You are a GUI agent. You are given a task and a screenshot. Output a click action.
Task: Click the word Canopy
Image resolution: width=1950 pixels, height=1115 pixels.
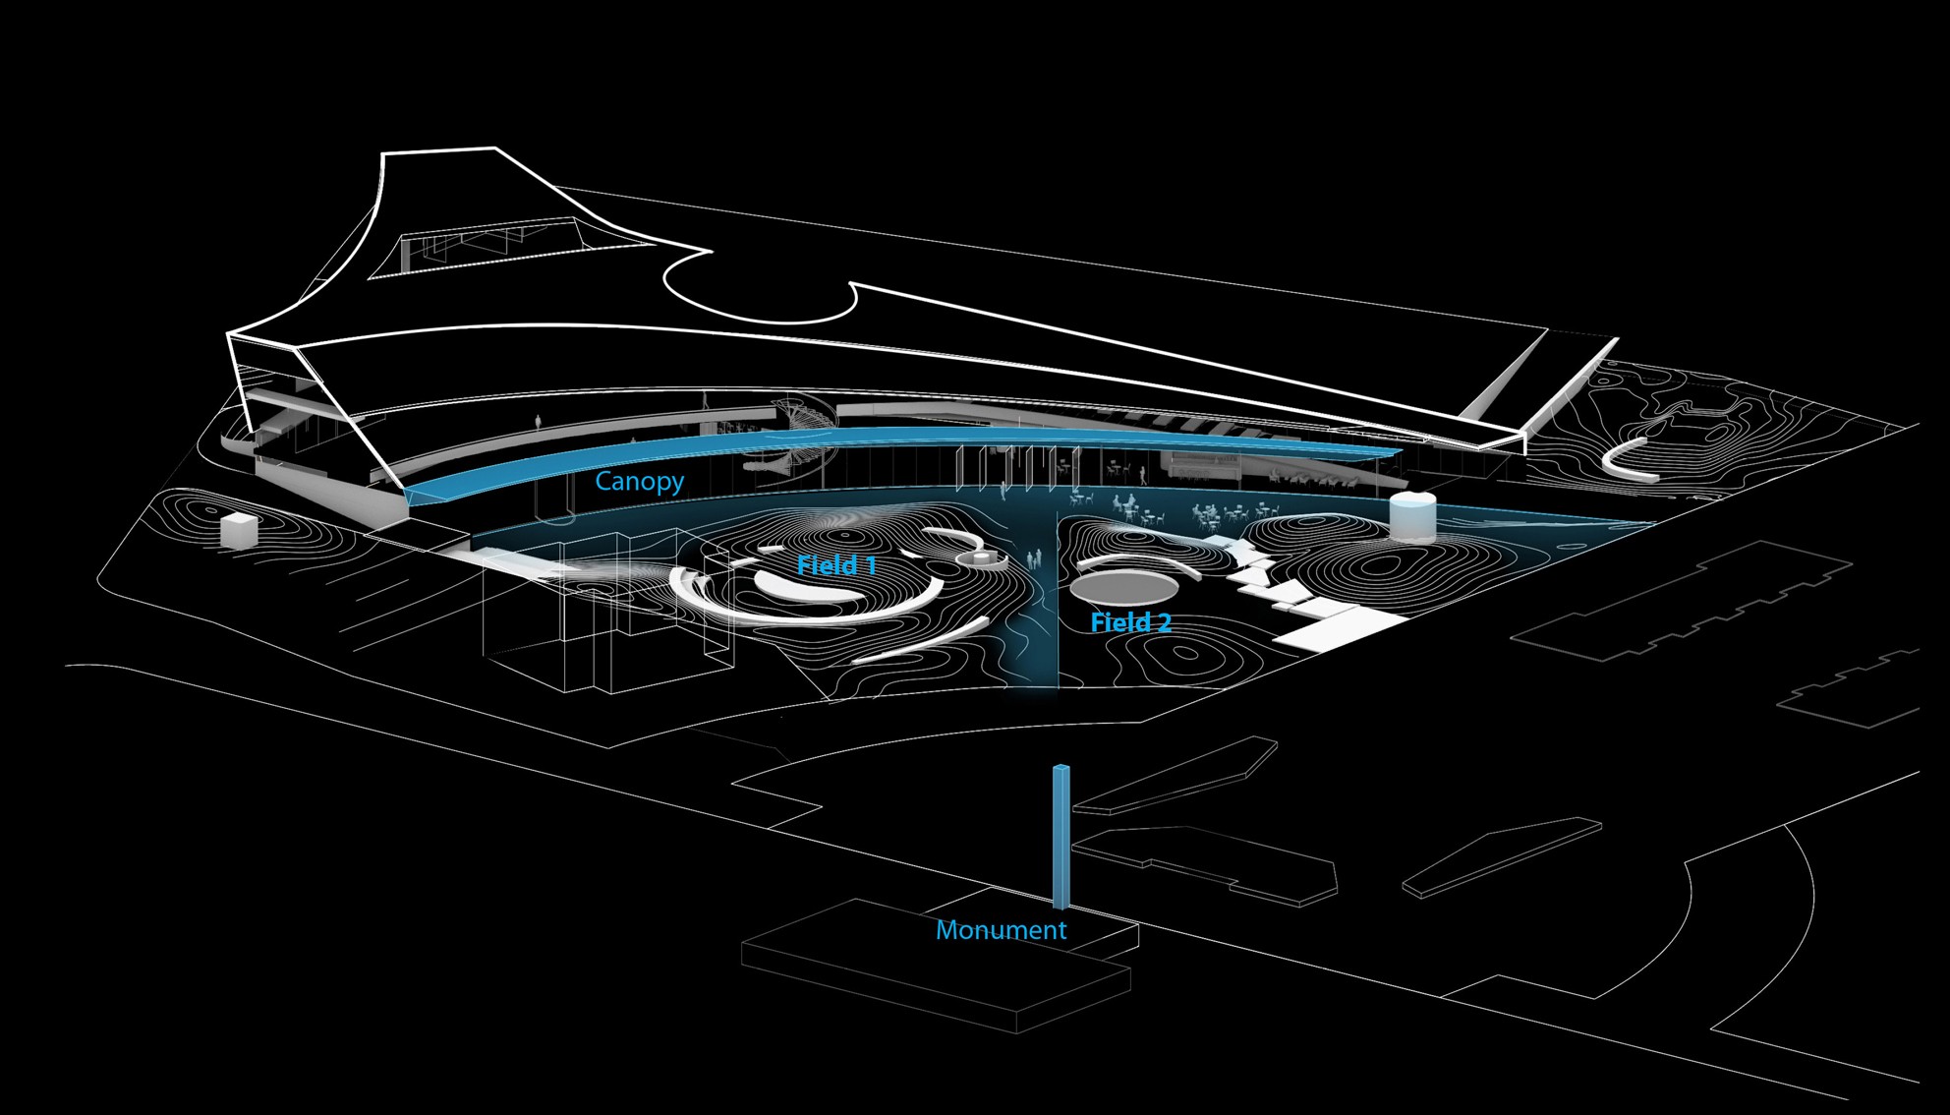(x=639, y=481)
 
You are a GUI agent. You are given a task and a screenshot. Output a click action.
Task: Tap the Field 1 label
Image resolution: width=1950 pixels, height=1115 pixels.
(x=836, y=565)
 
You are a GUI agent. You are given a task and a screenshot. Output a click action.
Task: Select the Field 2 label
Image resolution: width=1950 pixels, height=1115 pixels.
(x=1130, y=622)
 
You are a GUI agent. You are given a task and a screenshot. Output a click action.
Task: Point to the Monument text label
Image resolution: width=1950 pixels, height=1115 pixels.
(x=1001, y=930)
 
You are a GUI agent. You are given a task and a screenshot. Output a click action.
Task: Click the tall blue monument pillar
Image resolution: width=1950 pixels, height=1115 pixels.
(x=1061, y=836)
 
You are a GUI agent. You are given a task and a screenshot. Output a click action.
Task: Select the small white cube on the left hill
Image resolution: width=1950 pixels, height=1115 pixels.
(x=238, y=530)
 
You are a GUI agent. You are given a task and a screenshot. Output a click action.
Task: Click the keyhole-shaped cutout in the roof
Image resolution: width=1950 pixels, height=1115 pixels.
(x=757, y=285)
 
